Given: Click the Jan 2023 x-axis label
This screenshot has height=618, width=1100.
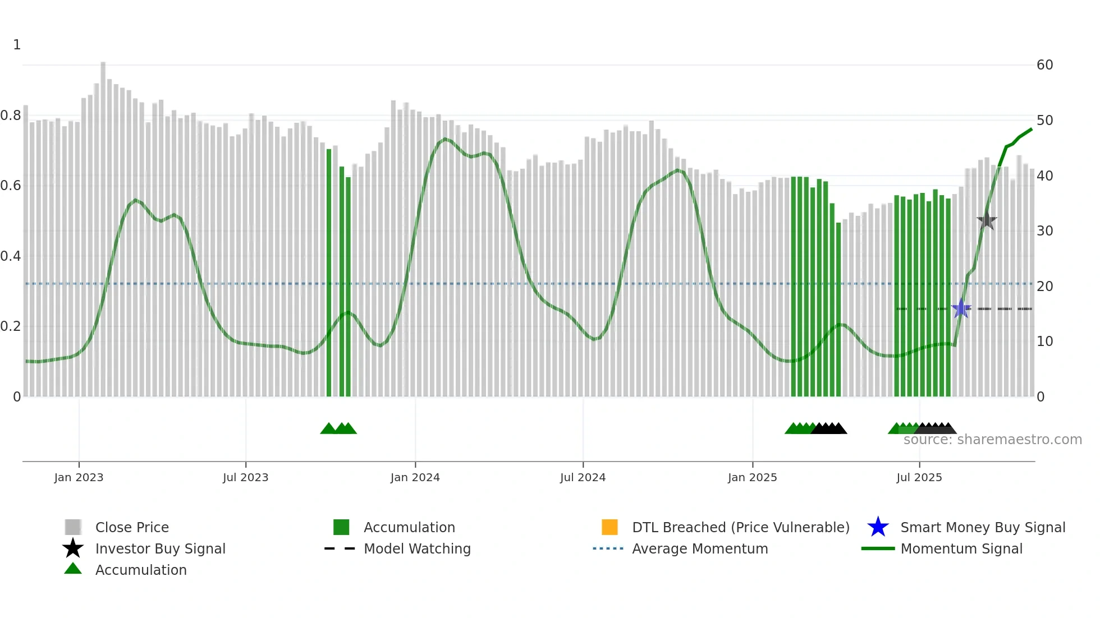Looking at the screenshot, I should [79, 477].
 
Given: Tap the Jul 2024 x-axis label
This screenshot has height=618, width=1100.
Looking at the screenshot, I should [583, 477].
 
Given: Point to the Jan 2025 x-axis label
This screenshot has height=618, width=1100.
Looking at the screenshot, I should [752, 477].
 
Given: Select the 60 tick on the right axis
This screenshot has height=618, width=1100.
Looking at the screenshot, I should [1044, 65].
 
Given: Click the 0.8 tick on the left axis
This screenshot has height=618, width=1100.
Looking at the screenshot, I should [11, 116].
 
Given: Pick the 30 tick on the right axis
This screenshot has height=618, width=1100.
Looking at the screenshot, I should [1044, 230].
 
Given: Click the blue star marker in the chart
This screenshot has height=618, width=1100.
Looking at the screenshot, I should [961, 308].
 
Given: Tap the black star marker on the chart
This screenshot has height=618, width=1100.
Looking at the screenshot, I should [987, 220].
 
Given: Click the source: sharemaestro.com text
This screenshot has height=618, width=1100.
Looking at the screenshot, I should [992, 440].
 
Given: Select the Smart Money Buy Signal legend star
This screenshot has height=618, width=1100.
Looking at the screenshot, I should [878, 527].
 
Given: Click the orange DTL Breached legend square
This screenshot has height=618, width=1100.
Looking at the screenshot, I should [609, 527].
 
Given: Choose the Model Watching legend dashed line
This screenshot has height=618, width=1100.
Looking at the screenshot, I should [340, 548].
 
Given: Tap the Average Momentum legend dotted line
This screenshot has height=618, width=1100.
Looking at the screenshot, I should [608, 548].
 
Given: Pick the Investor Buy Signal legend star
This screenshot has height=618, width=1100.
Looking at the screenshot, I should [73, 548].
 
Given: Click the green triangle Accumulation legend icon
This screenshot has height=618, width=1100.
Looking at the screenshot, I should [73, 569].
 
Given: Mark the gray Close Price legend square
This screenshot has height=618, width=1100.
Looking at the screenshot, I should [73, 527].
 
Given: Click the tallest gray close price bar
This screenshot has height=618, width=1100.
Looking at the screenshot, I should [103, 224].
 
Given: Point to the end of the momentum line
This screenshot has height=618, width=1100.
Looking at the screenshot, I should [1032, 129].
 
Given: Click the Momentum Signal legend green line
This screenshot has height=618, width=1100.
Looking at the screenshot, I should [878, 548].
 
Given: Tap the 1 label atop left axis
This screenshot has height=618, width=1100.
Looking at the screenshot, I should [17, 45].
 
